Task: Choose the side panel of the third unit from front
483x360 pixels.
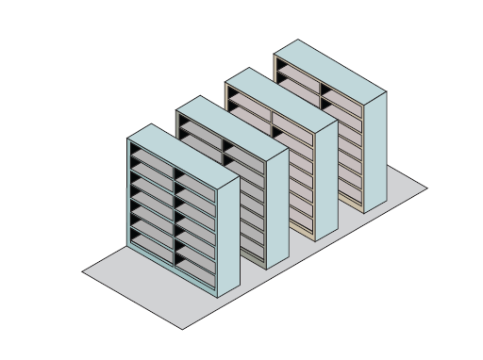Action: (x=326, y=179)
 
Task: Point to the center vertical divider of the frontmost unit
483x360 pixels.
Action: (x=173, y=216)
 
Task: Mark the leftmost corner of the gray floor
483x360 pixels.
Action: (x=82, y=270)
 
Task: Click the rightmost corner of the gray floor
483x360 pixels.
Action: (x=427, y=188)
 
